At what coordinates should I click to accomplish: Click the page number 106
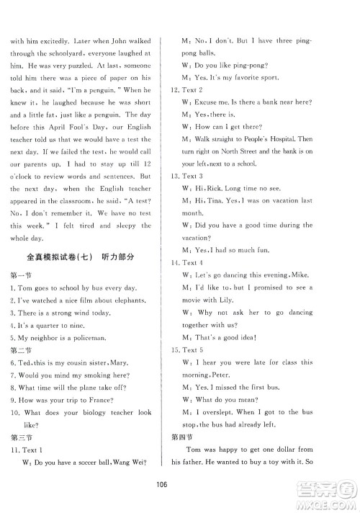[x=180, y=484]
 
